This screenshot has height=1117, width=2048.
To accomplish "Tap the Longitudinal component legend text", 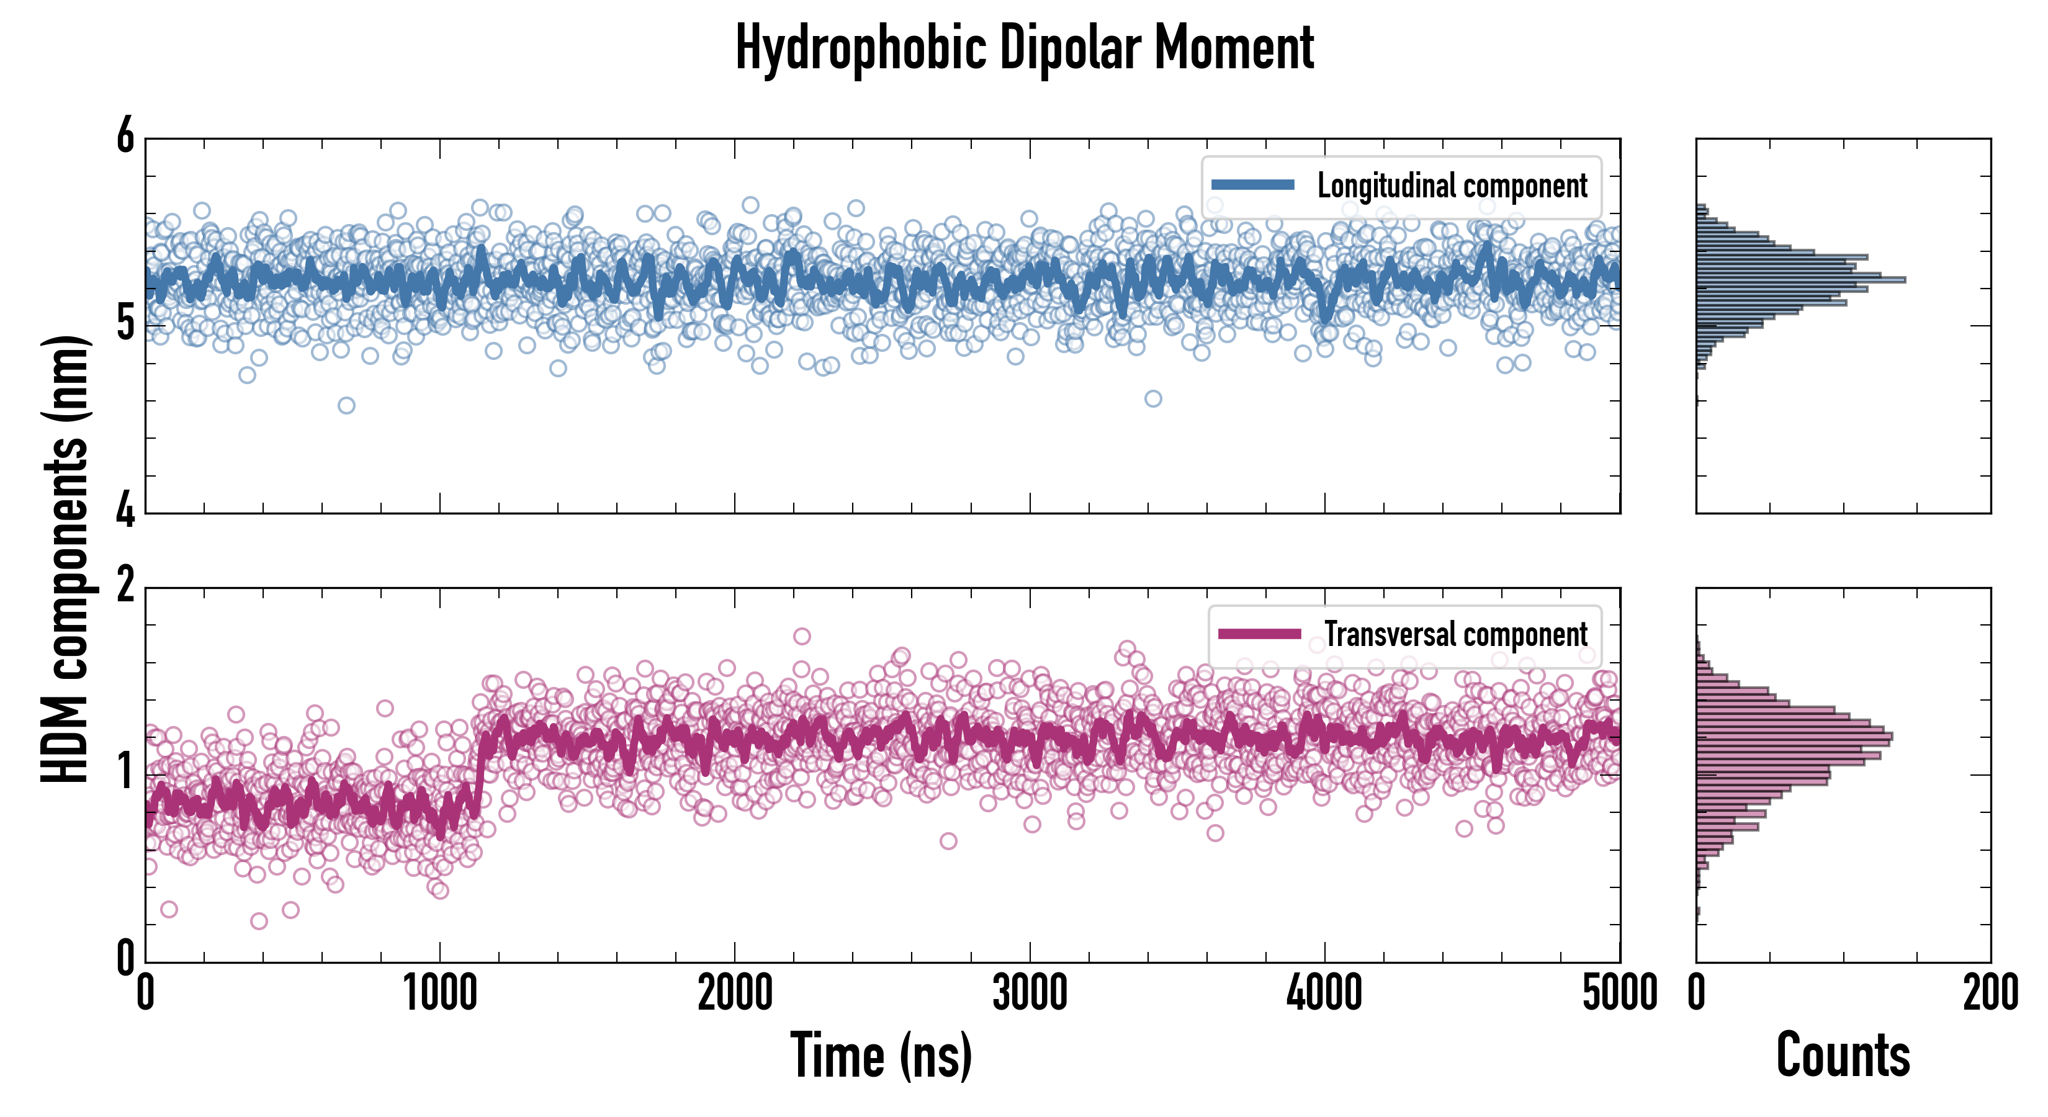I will point(1452,186).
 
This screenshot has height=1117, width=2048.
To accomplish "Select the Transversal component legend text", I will point(1455,634).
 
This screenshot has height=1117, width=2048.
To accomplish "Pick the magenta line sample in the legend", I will point(1259,634).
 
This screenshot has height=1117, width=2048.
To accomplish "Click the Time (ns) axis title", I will point(881,1055).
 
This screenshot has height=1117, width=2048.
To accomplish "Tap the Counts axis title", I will point(1843,1055).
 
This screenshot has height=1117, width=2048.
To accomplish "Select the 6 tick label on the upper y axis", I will point(125,137).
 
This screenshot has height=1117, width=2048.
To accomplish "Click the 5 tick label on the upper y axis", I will point(125,323).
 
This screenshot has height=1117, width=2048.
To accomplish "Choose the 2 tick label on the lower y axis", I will point(125,586).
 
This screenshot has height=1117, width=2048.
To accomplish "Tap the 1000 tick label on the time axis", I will point(439,993).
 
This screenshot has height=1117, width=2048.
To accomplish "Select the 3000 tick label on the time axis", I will point(1030,993).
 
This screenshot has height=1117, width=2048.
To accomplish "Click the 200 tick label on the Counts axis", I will point(1990,993).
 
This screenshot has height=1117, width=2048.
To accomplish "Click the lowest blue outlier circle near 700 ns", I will point(346,405).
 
